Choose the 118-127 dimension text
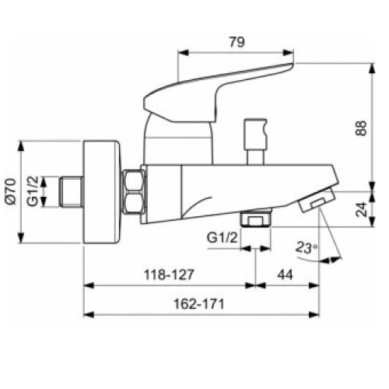coord(167,275)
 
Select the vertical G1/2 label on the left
coord(35,191)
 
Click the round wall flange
coord(103,191)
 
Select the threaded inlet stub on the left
coord(71,191)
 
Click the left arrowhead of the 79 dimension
coord(183,54)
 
